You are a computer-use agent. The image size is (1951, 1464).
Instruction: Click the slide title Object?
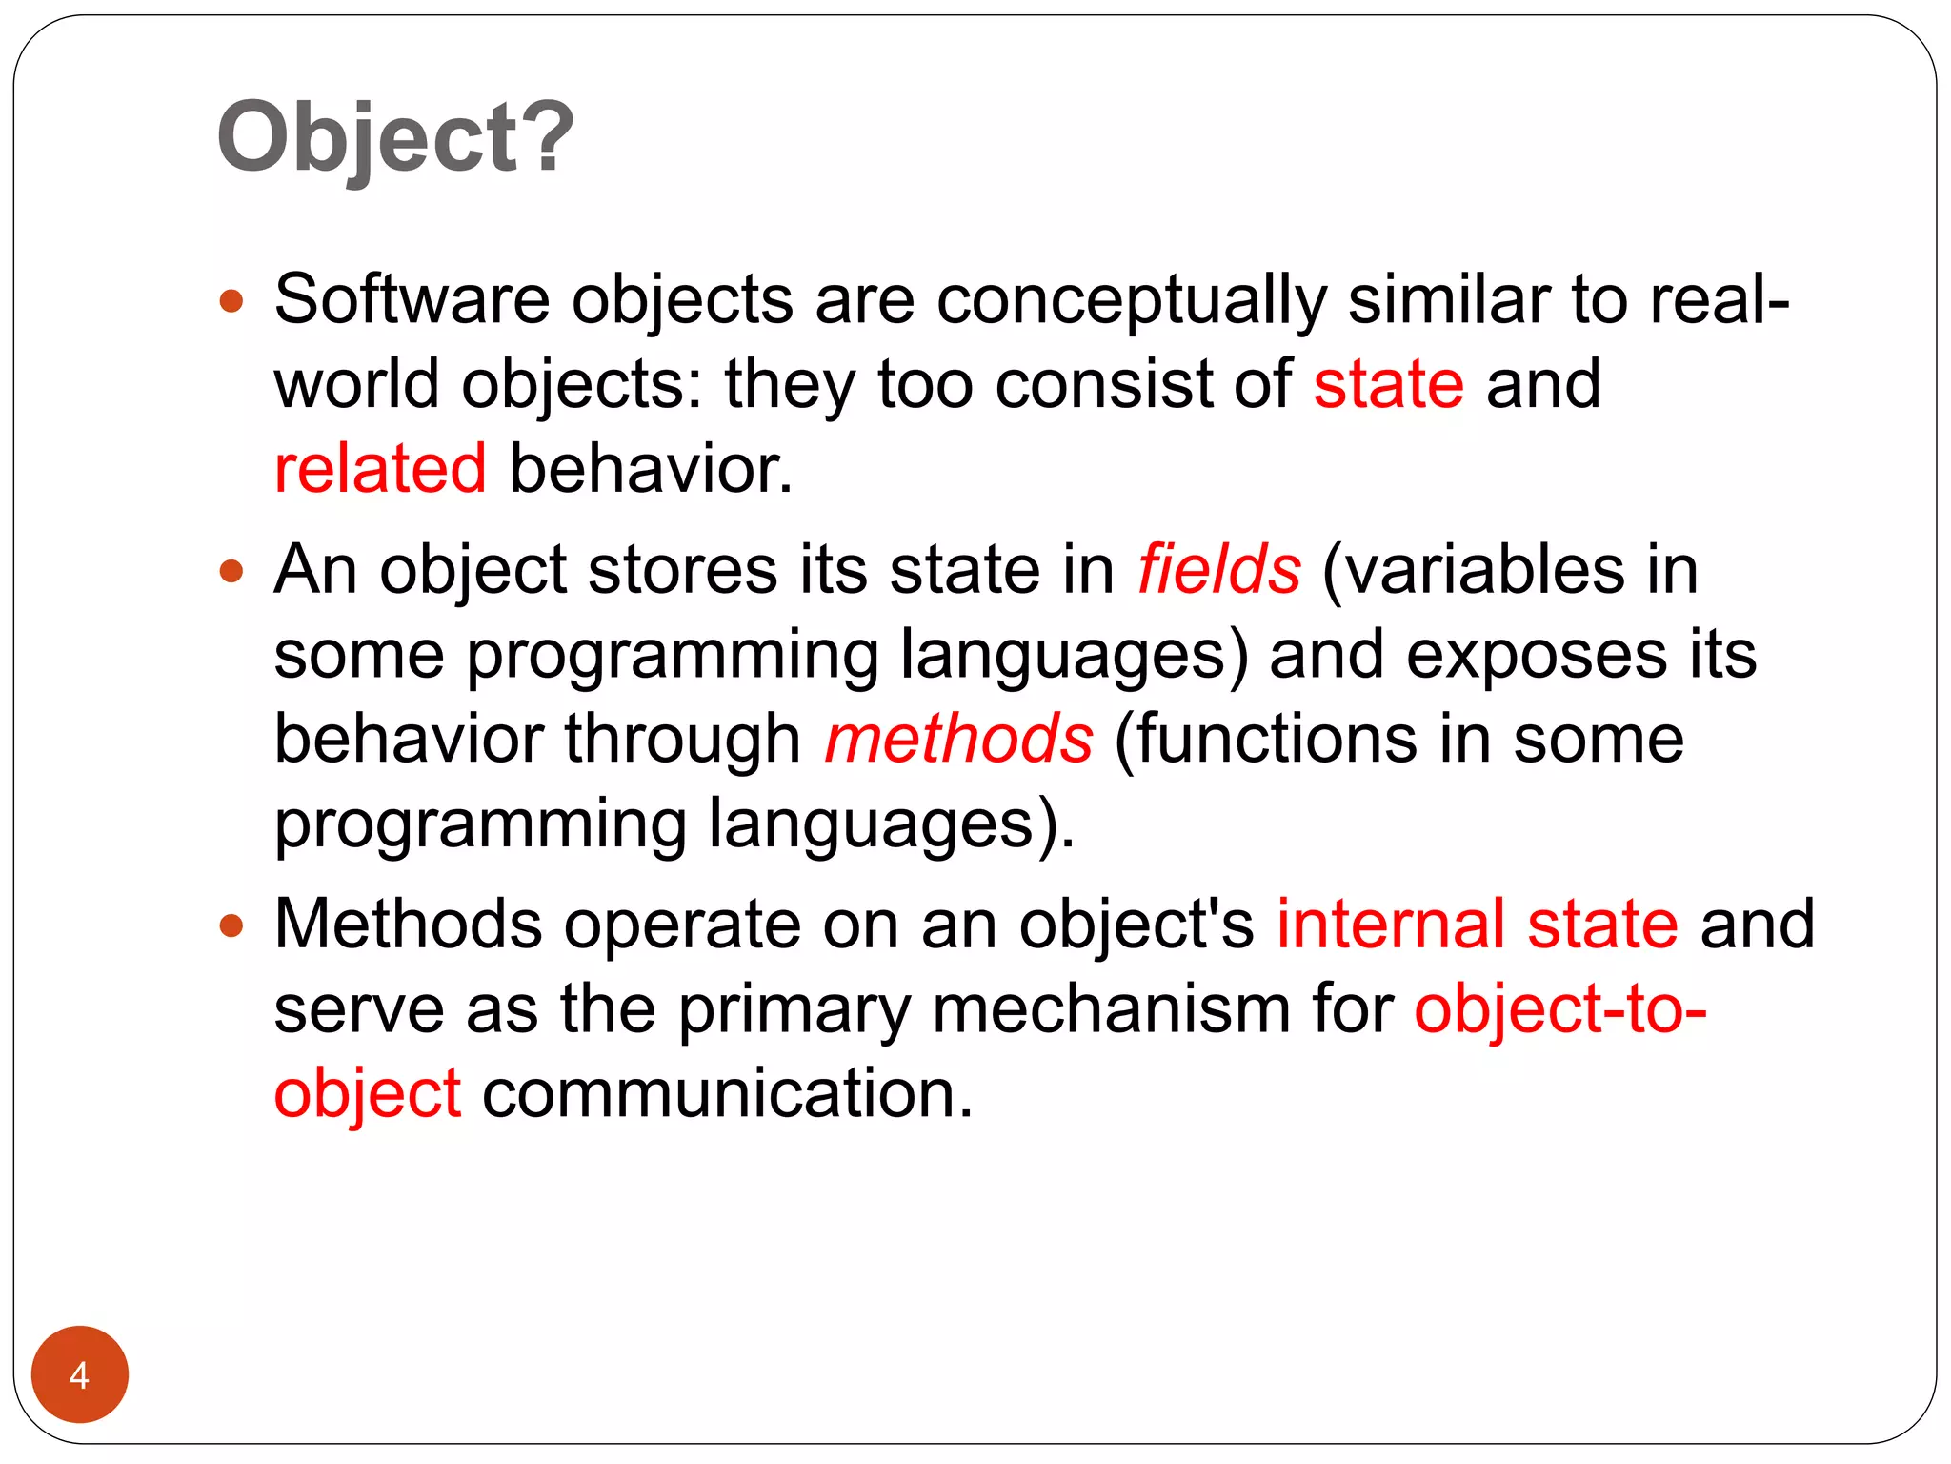pos(395,138)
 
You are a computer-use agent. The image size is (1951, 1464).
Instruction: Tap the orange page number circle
pos(80,1373)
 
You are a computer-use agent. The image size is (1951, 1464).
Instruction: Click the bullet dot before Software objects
pos(231,302)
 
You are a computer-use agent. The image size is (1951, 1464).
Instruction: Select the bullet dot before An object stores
pos(231,572)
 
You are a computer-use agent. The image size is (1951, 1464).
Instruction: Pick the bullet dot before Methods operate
pos(231,925)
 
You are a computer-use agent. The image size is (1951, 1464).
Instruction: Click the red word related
pos(380,469)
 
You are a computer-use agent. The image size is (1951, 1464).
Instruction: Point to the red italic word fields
pos(1219,570)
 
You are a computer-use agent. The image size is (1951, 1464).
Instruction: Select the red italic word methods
pos(958,740)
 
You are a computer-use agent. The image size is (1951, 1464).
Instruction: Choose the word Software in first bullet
pos(412,300)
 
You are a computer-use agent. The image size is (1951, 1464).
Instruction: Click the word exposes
pos(1536,656)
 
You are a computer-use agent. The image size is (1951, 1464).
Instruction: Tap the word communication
pos(728,1093)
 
